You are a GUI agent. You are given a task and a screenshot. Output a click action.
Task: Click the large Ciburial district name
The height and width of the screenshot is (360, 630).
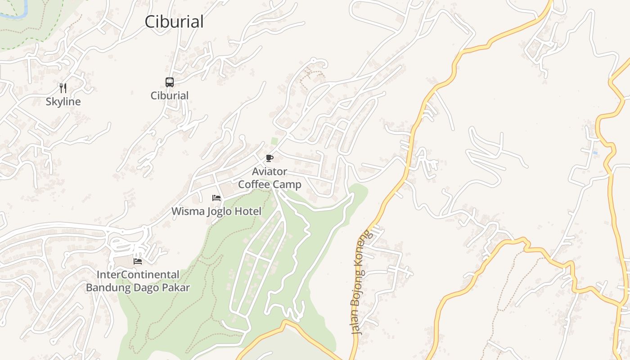[174, 22]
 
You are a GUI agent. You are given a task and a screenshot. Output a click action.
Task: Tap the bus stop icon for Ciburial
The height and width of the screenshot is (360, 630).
[169, 82]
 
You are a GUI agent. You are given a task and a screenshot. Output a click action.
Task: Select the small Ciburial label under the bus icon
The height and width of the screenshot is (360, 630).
[169, 95]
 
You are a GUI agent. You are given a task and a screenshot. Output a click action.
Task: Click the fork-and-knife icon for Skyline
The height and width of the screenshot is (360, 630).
[63, 88]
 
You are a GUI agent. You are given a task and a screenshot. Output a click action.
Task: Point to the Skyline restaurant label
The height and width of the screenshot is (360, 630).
[63, 102]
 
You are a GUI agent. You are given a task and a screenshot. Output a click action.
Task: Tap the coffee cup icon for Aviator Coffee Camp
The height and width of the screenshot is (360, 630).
[269, 158]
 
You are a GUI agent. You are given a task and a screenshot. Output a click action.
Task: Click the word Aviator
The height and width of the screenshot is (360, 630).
[269, 171]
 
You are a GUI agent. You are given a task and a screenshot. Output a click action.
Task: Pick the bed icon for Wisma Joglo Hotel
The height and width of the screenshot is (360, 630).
[216, 198]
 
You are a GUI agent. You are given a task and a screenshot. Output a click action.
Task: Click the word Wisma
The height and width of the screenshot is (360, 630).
[188, 211]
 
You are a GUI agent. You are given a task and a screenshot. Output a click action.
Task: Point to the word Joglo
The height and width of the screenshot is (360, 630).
[221, 211]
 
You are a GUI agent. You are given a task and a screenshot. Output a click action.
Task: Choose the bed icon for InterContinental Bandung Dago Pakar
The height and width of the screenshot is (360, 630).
[138, 261]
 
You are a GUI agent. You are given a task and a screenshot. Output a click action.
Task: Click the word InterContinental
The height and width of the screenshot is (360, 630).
[138, 274]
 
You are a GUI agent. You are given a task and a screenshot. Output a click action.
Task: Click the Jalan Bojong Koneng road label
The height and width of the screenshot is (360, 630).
[361, 283]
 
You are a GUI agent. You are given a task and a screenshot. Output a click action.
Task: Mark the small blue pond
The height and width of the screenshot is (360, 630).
[595, 153]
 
